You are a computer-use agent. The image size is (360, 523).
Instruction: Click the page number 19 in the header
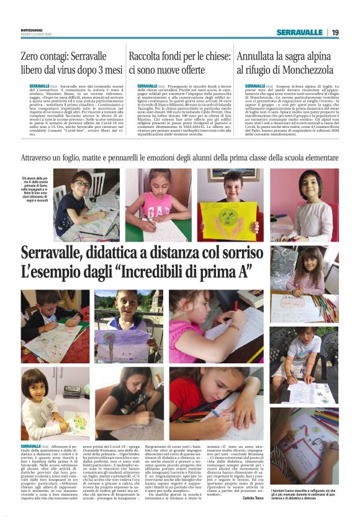(335, 32)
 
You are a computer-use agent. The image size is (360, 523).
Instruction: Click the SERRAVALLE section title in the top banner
(300, 32)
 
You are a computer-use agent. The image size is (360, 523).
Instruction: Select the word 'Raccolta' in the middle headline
(149, 56)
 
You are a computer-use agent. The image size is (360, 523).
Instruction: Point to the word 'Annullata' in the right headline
(259, 56)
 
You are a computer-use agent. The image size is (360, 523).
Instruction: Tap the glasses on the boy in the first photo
(81, 184)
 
